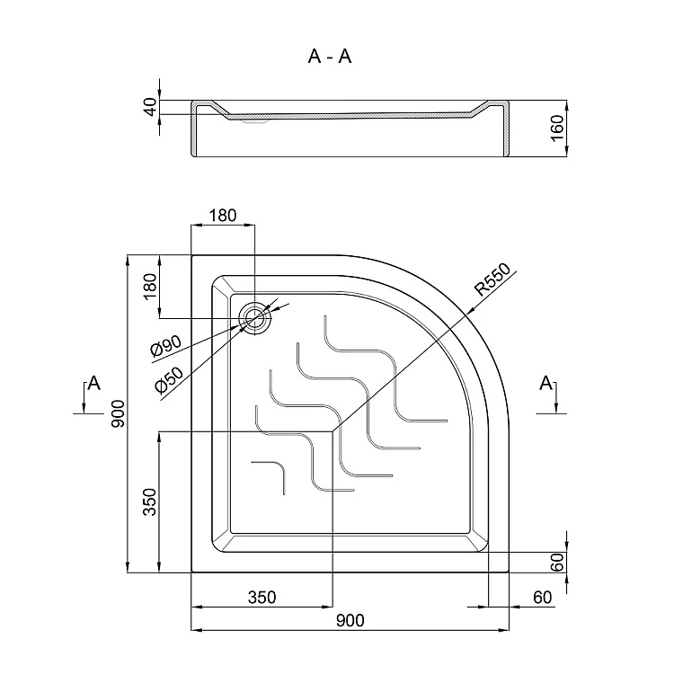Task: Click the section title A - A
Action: point(330,57)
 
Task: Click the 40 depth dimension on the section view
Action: point(151,107)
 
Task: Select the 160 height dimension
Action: point(557,128)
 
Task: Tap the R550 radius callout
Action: point(492,279)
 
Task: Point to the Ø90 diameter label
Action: point(166,347)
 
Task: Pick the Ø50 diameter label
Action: point(169,380)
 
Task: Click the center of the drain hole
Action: point(255,318)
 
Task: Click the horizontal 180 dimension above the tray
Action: point(223,216)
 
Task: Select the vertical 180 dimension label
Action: point(150,287)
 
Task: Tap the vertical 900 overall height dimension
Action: point(118,413)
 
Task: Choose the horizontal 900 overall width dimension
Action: point(350,620)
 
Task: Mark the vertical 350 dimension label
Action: point(150,501)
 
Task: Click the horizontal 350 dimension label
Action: point(262,597)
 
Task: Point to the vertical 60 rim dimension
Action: point(557,563)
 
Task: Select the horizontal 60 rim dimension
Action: point(542,597)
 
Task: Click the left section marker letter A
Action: point(93,382)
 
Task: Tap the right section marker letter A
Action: point(545,382)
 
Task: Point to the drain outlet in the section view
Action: point(255,121)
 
